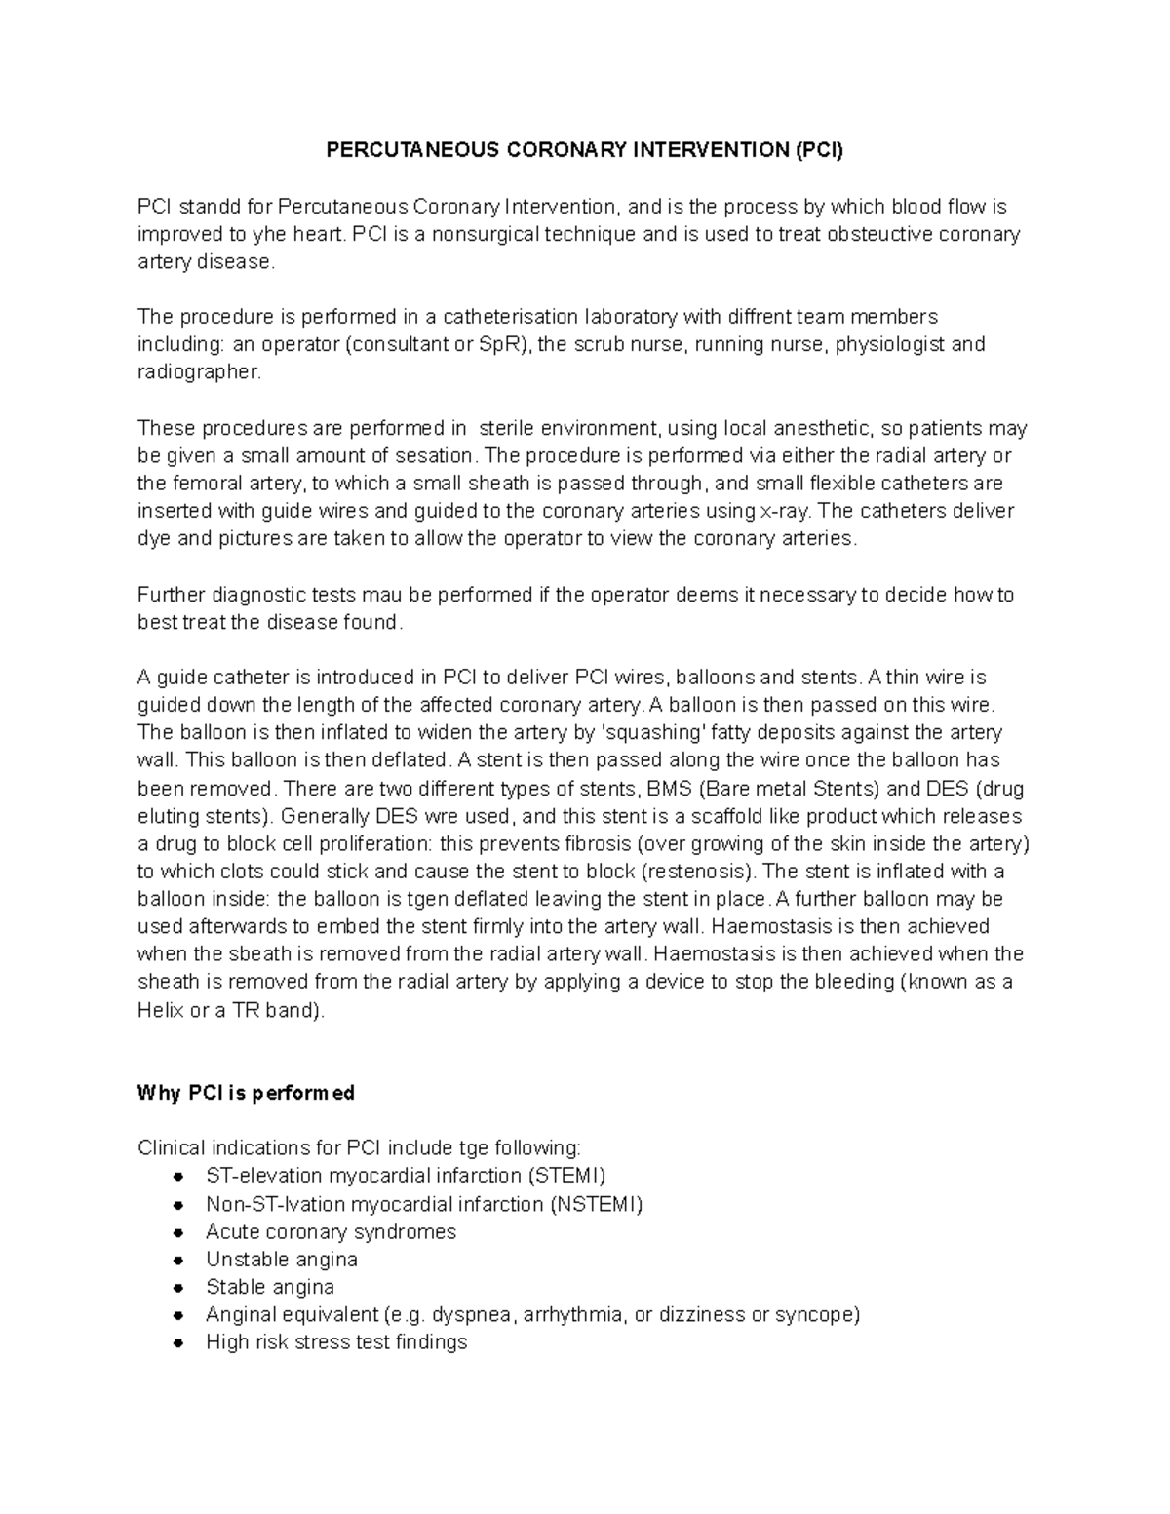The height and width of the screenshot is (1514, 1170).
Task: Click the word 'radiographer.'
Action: [200, 371]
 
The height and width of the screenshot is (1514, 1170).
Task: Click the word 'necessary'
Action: [805, 595]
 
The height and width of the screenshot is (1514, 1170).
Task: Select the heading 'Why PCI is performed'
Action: [246, 1093]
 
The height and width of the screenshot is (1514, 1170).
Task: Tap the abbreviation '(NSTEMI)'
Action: [598, 1204]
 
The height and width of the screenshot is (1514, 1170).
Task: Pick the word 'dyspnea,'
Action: [472, 1314]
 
